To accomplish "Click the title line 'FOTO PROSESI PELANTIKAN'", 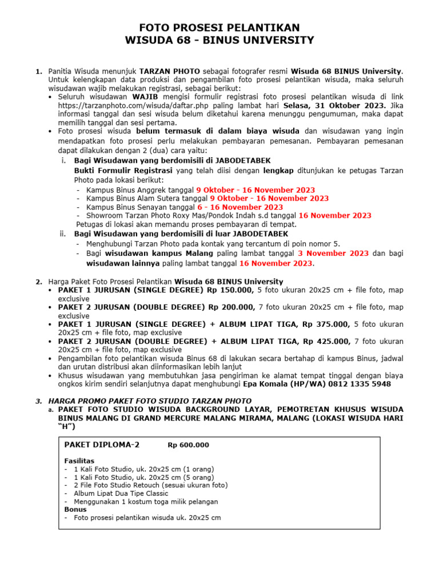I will (220, 28).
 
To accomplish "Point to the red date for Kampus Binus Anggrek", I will (255, 190).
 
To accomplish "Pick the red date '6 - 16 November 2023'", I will (248, 207).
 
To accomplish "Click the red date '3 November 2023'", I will (333, 253).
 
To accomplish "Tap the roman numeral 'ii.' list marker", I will (63, 234).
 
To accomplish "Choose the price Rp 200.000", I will (232, 307).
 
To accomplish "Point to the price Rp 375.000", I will (326, 324).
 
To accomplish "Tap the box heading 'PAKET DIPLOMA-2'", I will (102, 445).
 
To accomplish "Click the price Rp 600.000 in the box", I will (188, 446).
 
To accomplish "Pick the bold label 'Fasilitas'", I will (79, 460).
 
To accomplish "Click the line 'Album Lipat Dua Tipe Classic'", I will (121, 493).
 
